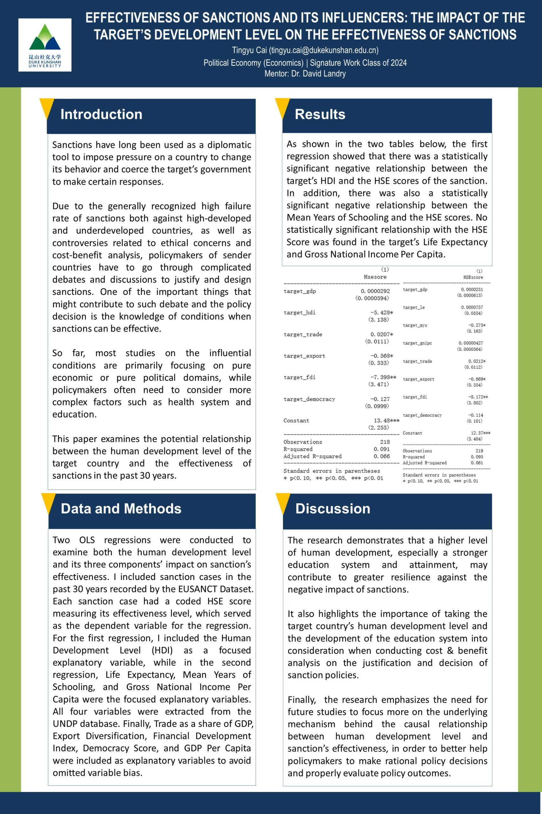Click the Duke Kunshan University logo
[45, 45]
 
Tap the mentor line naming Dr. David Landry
[305, 73]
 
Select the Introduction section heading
[101, 114]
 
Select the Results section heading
[320, 114]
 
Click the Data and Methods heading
[121, 509]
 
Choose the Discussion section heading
[332, 509]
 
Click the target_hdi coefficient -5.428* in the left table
[382, 313]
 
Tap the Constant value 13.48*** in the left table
[386, 420]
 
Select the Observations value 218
[385, 442]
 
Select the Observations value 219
[479, 451]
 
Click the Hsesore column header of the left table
[375, 277]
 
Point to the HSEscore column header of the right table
[473, 277]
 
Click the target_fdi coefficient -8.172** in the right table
[478, 397]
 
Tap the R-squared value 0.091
[382, 449]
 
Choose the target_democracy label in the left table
[309, 399]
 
